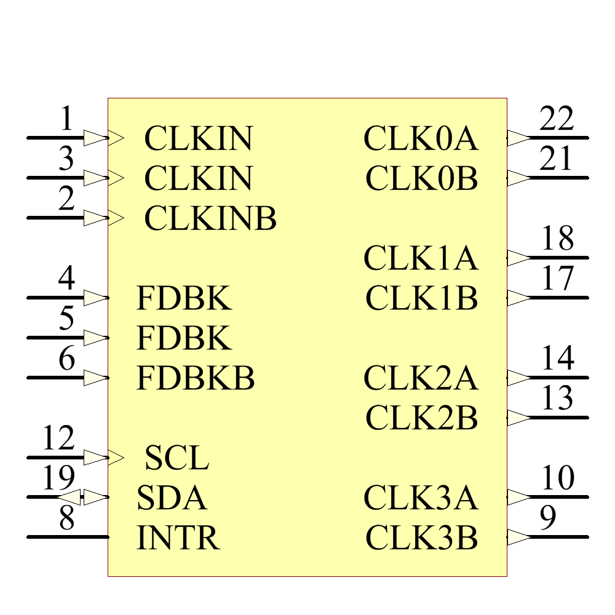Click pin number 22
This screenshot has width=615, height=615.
pyautogui.click(x=557, y=119)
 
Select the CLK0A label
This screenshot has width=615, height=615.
pyautogui.click(x=421, y=138)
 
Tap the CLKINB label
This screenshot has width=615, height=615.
pyautogui.click(x=210, y=218)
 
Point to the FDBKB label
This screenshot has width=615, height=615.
pyautogui.click(x=195, y=378)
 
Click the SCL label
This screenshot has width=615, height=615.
pyautogui.click(x=177, y=458)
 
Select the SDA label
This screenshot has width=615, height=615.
pyautogui.click(x=172, y=498)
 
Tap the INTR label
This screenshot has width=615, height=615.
pyautogui.click(x=178, y=538)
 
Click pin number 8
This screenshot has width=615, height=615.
pyautogui.click(x=66, y=518)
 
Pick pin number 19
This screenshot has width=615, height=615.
pyautogui.click(x=58, y=478)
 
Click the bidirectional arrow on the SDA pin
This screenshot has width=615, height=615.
pyautogui.click(x=82, y=496)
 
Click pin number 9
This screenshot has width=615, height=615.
pyautogui.click(x=548, y=518)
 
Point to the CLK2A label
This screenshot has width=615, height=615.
pyautogui.click(x=421, y=378)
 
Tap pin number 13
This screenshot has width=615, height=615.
pyautogui.click(x=557, y=399)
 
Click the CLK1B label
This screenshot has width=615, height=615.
pyautogui.click(x=421, y=298)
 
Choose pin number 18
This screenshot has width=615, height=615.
pyautogui.click(x=557, y=239)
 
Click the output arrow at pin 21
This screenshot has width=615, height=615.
pyautogui.click(x=519, y=178)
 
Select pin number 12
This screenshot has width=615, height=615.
pyautogui.click(x=58, y=438)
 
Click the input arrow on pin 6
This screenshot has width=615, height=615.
pyautogui.click(x=95, y=378)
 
